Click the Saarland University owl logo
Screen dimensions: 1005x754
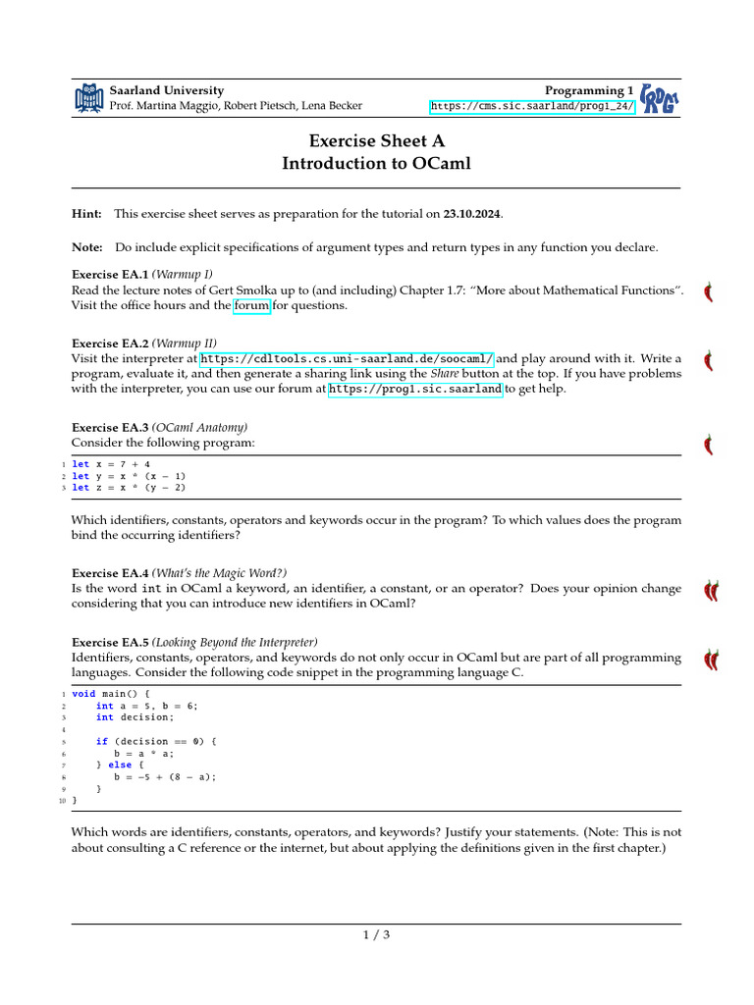click(88, 97)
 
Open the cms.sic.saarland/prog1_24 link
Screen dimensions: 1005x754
click(533, 106)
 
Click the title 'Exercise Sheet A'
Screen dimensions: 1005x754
click(377, 141)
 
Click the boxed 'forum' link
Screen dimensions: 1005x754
click(250, 305)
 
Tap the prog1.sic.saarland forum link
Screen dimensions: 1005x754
click(415, 389)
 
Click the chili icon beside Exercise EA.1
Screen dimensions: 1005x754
click(708, 292)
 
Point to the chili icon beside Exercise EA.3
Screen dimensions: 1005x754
click(708, 445)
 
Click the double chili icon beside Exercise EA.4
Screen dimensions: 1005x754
click(711, 590)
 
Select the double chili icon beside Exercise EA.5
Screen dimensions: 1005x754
click(711, 660)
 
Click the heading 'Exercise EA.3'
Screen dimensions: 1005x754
click(110, 428)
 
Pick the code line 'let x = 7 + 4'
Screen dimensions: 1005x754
click(111, 464)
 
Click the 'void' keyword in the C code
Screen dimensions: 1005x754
click(83, 693)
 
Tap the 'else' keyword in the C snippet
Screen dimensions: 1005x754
click(120, 765)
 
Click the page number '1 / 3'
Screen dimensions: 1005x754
click(377, 934)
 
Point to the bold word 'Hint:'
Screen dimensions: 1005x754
click(87, 214)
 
